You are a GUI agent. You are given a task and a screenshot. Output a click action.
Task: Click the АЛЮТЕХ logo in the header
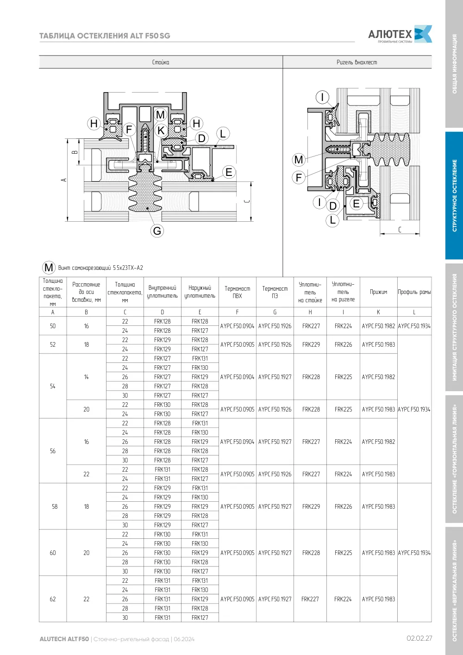[400, 34]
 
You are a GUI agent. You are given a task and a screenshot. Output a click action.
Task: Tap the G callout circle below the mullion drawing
[157, 231]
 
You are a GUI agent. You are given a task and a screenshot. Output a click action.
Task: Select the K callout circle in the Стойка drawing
[161, 131]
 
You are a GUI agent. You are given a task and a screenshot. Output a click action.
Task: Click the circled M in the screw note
[49, 267]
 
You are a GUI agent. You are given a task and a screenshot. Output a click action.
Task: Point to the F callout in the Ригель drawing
[299, 177]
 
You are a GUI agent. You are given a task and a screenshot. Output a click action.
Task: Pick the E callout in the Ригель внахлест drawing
[356, 203]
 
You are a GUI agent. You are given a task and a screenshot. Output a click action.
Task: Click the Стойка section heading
[161, 62]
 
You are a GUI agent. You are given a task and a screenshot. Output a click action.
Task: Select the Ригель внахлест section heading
[357, 62]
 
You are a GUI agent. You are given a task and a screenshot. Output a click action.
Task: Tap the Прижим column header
[378, 292]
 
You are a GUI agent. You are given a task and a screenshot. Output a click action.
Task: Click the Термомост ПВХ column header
[237, 292]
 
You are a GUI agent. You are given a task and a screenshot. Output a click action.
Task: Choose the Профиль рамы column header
[414, 292]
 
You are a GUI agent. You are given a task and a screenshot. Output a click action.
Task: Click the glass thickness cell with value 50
[53, 326]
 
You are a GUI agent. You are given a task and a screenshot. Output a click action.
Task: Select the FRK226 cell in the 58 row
[344, 506]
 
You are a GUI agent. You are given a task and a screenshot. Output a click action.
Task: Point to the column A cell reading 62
[53, 599]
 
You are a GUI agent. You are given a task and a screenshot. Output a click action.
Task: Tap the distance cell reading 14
[86, 377]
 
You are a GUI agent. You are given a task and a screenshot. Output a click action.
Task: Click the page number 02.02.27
[419, 638]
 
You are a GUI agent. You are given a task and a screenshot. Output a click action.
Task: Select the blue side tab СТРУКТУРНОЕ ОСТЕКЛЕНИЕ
[454, 195]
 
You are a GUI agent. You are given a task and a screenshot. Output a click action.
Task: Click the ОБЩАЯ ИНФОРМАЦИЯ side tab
[454, 64]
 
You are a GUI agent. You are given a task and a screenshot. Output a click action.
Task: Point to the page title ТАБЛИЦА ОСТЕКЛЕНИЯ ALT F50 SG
[105, 36]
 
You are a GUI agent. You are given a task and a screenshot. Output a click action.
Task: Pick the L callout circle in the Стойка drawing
[223, 134]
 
